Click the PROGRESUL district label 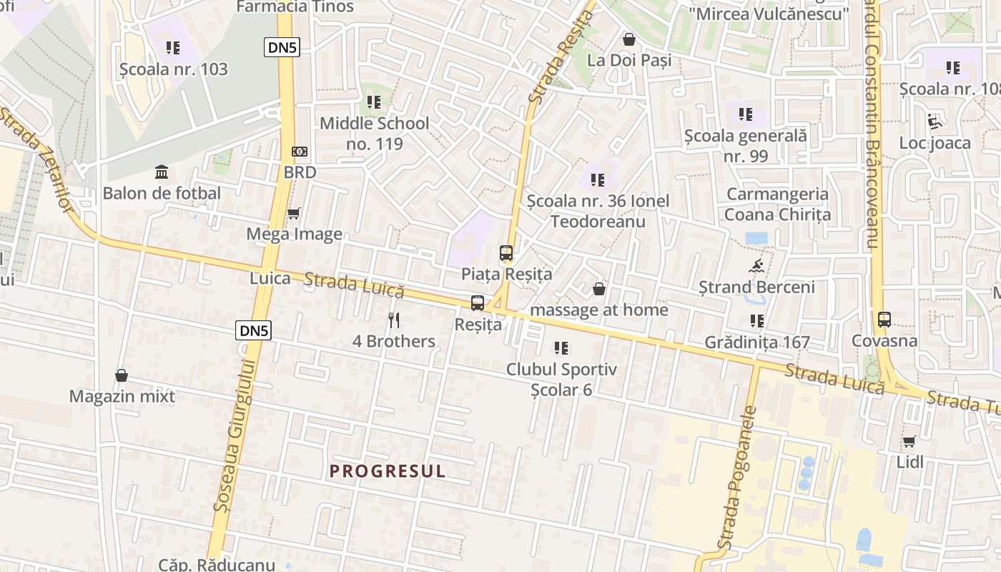pyautogui.click(x=388, y=471)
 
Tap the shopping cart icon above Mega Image pyautogui.click(x=293, y=213)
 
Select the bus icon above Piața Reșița pyautogui.click(x=506, y=252)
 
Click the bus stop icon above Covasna pyautogui.click(x=884, y=319)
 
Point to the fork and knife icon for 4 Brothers pyautogui.click(x=393, y=320)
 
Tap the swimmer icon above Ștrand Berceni pyautogui.click(x=756, y=267)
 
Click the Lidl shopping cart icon pyautogui.click(x=909, y=441)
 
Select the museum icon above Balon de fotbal pyautogui.click(x=162, y=172)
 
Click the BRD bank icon pyautogui.click(x=300, y=152)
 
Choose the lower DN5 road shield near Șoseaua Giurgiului pyautogui.click(x=253, y=330)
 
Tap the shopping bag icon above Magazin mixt pyautogui.click(x=122, y=375)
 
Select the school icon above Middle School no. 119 pyautogui.click(x=373, y=102)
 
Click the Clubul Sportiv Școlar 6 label pyautogui.click(x=561, y=380)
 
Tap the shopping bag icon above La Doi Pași pyautogui.click(x=629, y=39)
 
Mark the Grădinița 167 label pyautogui.click(x=757, y=342)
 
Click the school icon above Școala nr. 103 pyautogui.click(x=173, y=48)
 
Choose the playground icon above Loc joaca pyautogui.click(x=935, y=122)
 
